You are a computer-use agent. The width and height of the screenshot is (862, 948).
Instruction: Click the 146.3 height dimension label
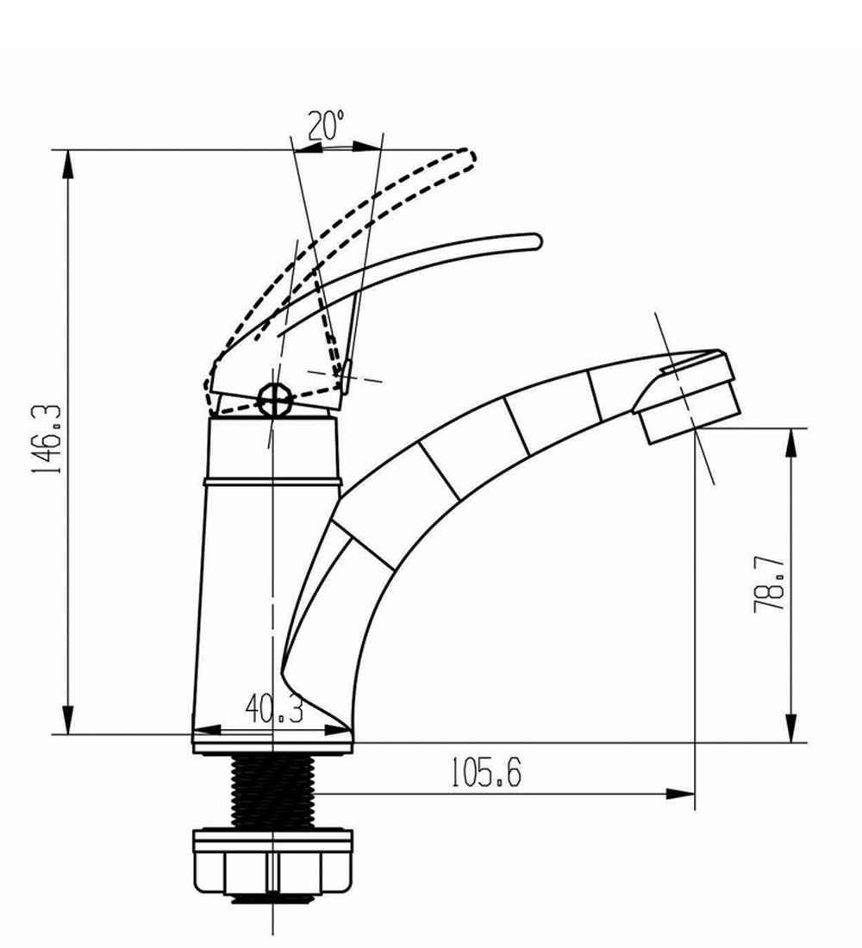(x=47, y=439)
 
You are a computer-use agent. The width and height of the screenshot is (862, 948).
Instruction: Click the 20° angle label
(x=327, y=125)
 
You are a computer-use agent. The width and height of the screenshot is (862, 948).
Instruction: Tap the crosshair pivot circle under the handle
(x=275, y=399)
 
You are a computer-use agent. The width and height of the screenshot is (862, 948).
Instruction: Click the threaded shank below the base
(x=272, y=791)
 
